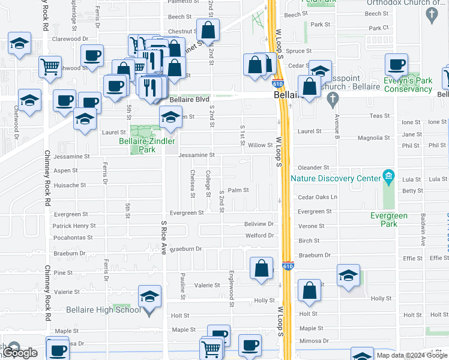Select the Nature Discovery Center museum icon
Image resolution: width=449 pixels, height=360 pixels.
[x=389, y=177]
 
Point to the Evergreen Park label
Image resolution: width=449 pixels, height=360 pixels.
[x=388, y=220]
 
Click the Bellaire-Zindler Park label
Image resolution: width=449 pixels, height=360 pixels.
[x=147, y=145]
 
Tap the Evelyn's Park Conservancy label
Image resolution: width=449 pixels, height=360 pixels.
[x=408, y=85]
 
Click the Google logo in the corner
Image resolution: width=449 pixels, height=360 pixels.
[x=20, y=353]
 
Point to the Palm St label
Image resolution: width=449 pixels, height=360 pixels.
[x=238, y=190]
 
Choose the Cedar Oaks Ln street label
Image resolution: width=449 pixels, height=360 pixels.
[x=318, y=197]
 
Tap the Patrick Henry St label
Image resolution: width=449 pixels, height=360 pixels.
[x=74, y=226]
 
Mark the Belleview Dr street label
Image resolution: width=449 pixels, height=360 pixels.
[x=259, y=223]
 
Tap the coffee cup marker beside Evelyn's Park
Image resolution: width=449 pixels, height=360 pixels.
[x=396, y=64]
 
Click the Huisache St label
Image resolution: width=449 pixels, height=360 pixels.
[x=70, y=185]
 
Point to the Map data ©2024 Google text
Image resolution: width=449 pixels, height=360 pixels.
[x=412, y=355]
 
